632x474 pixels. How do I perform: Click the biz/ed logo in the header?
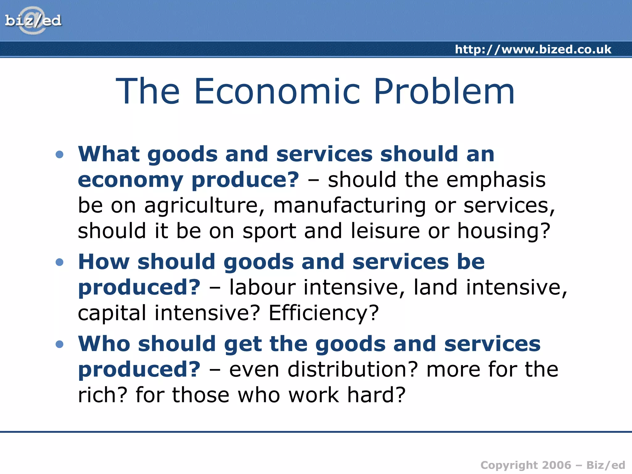[33, 21]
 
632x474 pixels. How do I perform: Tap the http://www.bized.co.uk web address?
[533, 49]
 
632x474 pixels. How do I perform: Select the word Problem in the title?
[444, 91]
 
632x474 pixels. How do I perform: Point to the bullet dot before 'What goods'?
[60, 154]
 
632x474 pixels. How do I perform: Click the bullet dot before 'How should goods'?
[60, 262]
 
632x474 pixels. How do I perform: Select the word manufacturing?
[350, 206]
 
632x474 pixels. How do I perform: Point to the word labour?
[263, 287]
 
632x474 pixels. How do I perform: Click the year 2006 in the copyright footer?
[556, 465]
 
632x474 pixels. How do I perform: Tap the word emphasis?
[496, 180]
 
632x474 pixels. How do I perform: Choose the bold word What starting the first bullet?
[109, 154]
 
